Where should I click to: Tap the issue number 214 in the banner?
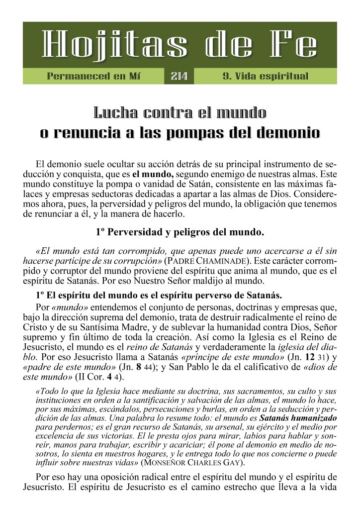pos(179,76)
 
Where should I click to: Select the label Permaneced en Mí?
pos(93,76)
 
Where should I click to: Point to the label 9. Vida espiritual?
pos(266,76)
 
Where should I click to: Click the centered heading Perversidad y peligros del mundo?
pos(180,232)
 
